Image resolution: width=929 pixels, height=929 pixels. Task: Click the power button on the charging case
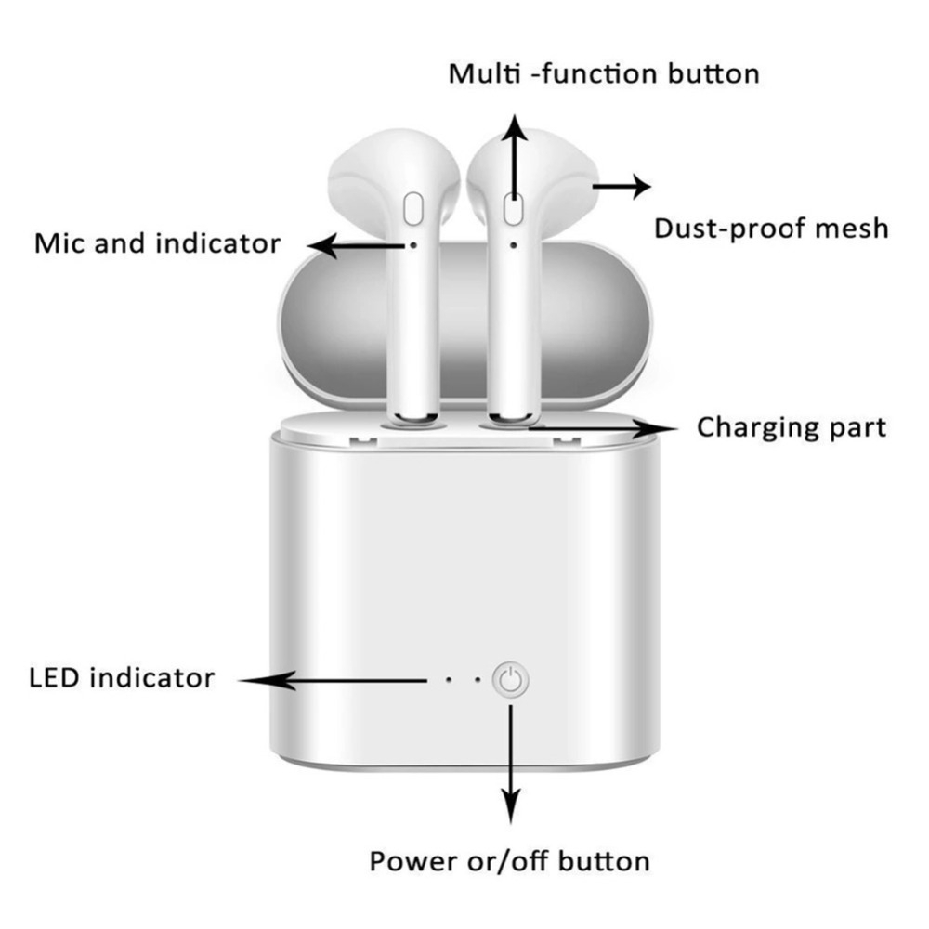(x=510, y=680)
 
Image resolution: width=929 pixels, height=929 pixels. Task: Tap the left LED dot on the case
(x=449, y=680)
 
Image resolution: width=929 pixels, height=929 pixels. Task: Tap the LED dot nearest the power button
(x=478, y=680)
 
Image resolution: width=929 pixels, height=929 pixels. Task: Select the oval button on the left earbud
(x=413, y=209)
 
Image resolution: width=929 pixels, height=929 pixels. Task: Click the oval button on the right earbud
(x=513, y=209)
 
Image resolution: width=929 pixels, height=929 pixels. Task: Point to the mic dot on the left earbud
(x=413, y=244)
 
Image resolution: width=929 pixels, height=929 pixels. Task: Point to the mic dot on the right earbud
(x=513, y=244)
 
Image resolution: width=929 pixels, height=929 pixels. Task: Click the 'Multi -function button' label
(x=604, y=74)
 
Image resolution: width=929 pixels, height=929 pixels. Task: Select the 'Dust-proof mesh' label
(x=771, y=229)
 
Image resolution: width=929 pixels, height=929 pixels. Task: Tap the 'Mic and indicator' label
(x=158, y=243)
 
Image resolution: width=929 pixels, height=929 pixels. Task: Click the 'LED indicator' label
(x=122, y=678)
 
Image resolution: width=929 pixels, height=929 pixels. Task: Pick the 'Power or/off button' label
(x=509, y=861)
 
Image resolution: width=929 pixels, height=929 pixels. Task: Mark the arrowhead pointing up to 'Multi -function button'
(x=515, y=128)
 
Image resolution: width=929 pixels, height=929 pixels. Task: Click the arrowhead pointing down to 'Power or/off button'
(x=511, y=806)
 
